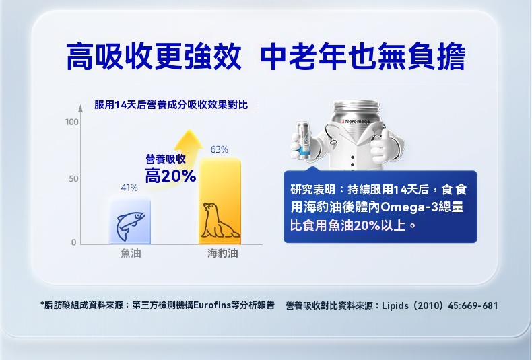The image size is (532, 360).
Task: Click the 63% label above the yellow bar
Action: point(219,149)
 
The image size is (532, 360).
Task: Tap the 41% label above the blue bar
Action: point(129,188)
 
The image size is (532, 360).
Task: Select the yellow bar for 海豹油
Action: point(220,201)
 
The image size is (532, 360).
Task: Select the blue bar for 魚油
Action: point(129,221)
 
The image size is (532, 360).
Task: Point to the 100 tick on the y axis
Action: point(71,122)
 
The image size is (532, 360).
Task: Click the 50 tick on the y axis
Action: point(73,178)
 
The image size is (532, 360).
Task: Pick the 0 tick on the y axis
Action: point(73,242)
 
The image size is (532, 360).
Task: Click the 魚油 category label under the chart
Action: point(131,253)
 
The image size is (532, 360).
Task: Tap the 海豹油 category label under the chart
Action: point(223,253)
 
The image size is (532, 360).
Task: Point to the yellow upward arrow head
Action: point(189,140)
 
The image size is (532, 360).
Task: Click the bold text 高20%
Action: point(170,176)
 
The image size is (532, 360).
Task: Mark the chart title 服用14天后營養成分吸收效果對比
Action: point(171,105)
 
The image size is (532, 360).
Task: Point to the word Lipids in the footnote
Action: point(395,305)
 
